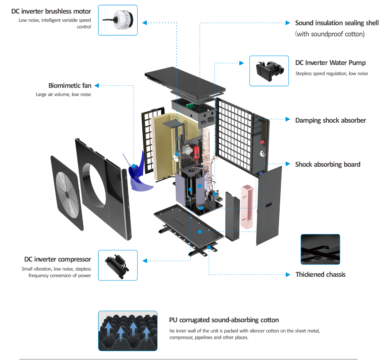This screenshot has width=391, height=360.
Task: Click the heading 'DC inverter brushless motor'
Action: pos(51,12)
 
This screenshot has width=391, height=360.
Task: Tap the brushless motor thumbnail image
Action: pos(118,20)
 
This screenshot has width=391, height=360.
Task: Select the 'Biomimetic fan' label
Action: pos(70,86)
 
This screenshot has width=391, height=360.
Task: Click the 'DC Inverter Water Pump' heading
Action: pos(330,63)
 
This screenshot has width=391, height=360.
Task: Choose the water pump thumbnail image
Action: pos(269,71)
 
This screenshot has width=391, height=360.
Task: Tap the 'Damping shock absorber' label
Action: pos(330,121)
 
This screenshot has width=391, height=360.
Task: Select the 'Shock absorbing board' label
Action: pos(328,164)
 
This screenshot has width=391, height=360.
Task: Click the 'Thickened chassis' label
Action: pos(320,274)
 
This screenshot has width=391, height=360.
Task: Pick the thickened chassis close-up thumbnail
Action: pos(320,249)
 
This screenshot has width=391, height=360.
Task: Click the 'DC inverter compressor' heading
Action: pos(58,260)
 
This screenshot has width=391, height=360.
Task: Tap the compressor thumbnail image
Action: pos(118,265)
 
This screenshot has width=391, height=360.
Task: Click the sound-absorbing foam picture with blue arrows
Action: pos(128,331)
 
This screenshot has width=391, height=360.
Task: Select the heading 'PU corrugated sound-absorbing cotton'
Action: pos(224,320)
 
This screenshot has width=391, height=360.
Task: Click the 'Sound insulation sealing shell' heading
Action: pos(337,23)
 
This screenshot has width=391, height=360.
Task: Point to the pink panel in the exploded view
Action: pos(247,207)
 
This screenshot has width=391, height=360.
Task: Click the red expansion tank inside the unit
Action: pos(196,152)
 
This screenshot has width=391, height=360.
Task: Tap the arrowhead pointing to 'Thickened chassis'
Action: pos(288,274)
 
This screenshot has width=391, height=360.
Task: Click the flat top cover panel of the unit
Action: pos(185,83)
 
